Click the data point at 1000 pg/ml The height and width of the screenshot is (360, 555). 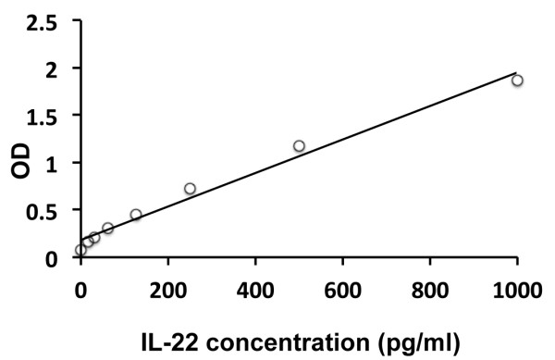pyautogui.click(x=517, y=81)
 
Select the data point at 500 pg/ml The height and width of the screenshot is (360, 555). pyautogui.click(x=299, y=146)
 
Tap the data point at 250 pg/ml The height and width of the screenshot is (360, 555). pyautogui.click(x=190, y=189)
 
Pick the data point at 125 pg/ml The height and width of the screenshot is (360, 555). pyautogui.click(x=136, y=215)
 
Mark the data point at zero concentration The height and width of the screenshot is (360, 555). pyautogui.click(x=80, y=250)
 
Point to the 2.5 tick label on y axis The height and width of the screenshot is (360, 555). pyautogui.click(x=52, y=21)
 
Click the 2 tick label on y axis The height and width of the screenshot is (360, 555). pyautogui.click(x=62, y=68)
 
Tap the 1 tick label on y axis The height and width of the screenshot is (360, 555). pyautogui.click(x=62, y=163)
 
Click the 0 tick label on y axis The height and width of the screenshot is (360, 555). pyautogui.click(x=62, y=258)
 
